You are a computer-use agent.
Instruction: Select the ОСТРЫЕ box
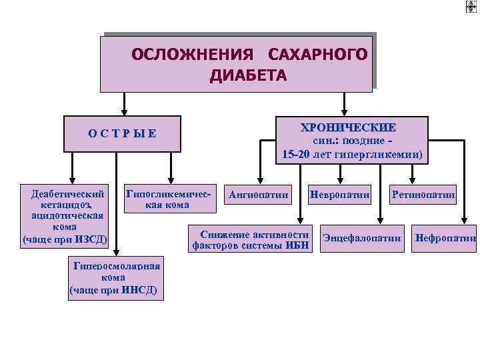point(122,133)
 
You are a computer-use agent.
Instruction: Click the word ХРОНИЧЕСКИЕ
point(348,127)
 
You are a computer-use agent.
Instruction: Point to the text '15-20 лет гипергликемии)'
point(352,154)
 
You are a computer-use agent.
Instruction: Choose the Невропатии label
point(339,195)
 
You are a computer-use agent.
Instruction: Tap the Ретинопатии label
point(423,195)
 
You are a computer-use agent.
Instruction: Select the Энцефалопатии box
point(362,238)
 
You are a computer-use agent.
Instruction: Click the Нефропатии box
point(445,238)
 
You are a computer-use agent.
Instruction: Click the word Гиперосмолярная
point(117,266)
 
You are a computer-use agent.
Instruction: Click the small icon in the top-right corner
point(472,7)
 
